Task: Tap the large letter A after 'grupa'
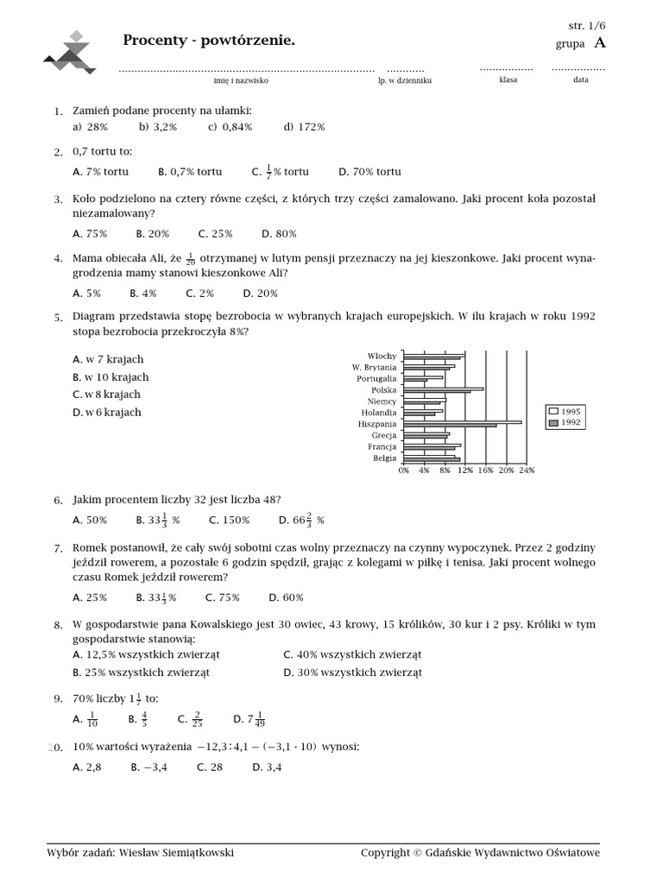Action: click(x=600, y=43)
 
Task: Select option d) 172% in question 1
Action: click(x=304, y=127)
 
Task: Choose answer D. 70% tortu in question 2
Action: click(x=369, y=172)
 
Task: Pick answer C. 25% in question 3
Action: click(x=216, y=233)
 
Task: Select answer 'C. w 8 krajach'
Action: click(x=107, y=395)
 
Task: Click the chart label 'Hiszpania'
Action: click(x=377, y=425)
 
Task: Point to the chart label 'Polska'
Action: click(x=383, y=390)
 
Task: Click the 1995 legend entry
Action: click(x=565, y=412)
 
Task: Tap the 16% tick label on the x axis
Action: click(x=485, y=470)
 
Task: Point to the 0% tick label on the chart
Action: click(x=403, y=470)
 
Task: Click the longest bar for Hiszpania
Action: click(x=463, y=422)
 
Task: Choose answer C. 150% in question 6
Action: click(x=230, y=521)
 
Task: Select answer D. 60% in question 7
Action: click(x=286, y=597)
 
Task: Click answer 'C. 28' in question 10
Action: click(x=210, y=767)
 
